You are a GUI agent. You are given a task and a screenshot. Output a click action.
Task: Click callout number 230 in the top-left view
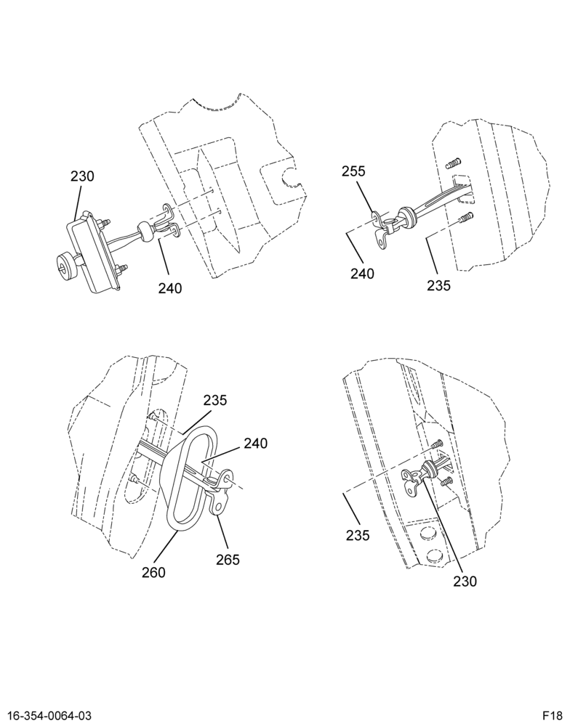[82, 176]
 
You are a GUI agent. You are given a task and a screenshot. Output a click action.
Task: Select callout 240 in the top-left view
[169, 288]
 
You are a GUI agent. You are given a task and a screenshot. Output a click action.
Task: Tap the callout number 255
[354, 171]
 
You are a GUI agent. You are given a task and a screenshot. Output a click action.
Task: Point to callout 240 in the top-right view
[362, 274]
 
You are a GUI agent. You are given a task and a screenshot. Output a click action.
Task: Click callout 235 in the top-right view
[438, 285]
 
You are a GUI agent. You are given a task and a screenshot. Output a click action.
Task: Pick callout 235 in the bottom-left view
[215, 400]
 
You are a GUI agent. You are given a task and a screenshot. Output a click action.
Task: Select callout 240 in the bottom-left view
[255, 444]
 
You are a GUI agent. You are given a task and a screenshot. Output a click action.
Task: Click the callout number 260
[153, 572]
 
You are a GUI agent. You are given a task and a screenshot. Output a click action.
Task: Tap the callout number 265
[228, 559]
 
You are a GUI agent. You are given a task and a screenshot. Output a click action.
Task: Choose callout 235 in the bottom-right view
[358, 535]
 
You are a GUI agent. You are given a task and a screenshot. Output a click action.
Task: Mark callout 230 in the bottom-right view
[465, 581]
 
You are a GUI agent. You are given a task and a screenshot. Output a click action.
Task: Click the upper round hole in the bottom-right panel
[427, 536]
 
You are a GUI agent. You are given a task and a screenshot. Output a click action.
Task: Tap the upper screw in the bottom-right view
[437, 444]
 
